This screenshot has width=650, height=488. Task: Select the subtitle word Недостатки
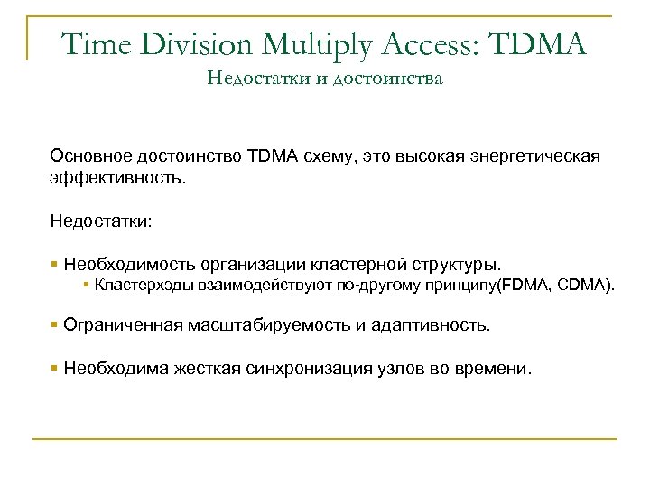pos(249,80)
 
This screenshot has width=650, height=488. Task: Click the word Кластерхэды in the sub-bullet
pos(139,287)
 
